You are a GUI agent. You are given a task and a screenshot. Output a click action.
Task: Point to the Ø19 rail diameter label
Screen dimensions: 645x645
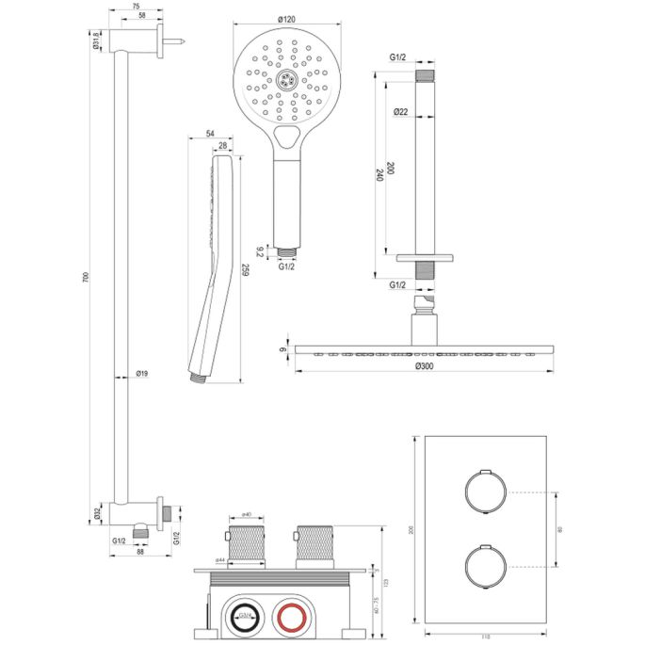point(142,375)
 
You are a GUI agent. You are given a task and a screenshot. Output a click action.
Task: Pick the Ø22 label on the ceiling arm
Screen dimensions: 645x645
point(400,113)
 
